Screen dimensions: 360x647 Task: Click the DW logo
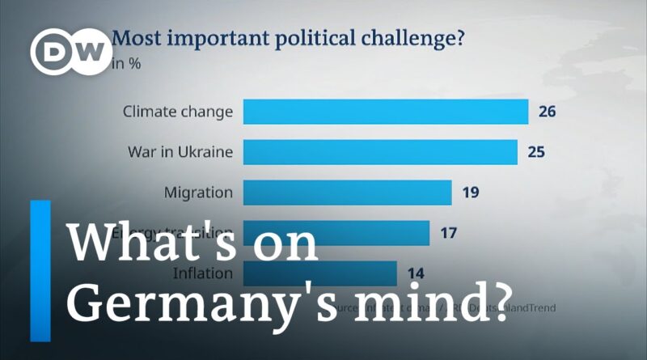click(x=71, y=53)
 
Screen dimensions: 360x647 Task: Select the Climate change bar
click(x=386, y=112)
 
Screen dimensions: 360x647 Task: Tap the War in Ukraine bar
click(x=380, y=152)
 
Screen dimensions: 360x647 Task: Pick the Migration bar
click(x=347, y=193)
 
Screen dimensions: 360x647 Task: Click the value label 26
click(x=547, y=112)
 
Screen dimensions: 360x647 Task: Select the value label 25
click(x=535, y=152)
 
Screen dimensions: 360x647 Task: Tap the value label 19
click(x=471, y=193)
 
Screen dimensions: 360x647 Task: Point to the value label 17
click(x=449, y=233)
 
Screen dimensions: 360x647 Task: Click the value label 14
click(x=416, y=273)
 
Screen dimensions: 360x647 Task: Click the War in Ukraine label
click(x=180, y=152)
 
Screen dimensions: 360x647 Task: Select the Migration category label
click(x=198, y=193)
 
